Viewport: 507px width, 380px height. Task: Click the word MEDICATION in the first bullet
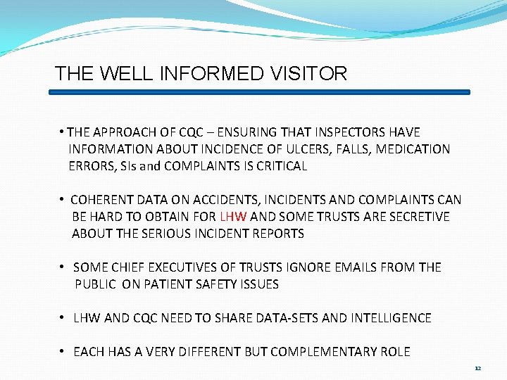pyautogui.click(x=414, y=149)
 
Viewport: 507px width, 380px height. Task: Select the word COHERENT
pyautogui.click(x=101, y=200)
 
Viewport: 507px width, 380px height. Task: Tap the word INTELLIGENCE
pyautogui.click(x=389, y=318)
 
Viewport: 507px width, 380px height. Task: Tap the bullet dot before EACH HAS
pyautogui.click(x=62, y=352)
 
